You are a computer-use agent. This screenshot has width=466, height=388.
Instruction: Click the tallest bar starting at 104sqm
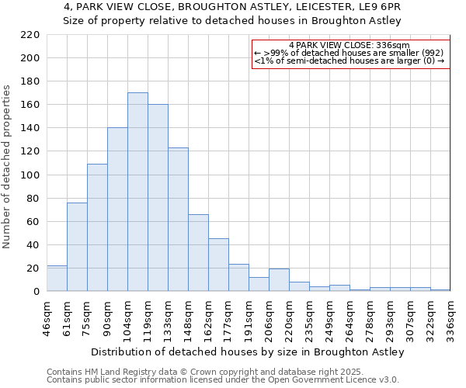click(137, 192)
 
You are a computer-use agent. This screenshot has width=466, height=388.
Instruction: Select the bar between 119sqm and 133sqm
click(158, 198)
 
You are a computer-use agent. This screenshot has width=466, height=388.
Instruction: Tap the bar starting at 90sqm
click(117, 210)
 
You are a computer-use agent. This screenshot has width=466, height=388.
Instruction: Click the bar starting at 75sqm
click(97, 227)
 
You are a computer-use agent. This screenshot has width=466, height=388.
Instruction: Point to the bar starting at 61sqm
click(77, 247)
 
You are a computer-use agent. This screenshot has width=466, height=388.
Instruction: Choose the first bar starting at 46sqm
click(57, 279)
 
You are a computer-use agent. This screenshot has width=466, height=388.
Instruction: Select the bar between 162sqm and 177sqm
click(218, 265)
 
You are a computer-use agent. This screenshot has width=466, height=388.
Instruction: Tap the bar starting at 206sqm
click(279, 280)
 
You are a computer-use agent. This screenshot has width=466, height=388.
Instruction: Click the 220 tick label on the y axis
click(30, 35)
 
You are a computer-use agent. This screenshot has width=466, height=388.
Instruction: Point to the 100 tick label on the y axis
click(30, 175)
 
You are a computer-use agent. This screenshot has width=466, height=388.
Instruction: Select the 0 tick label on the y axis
click(36, 292)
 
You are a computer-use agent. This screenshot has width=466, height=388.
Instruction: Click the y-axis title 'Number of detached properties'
click(8, 167)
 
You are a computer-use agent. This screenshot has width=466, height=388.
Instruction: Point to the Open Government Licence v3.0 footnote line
click(223, 380)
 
